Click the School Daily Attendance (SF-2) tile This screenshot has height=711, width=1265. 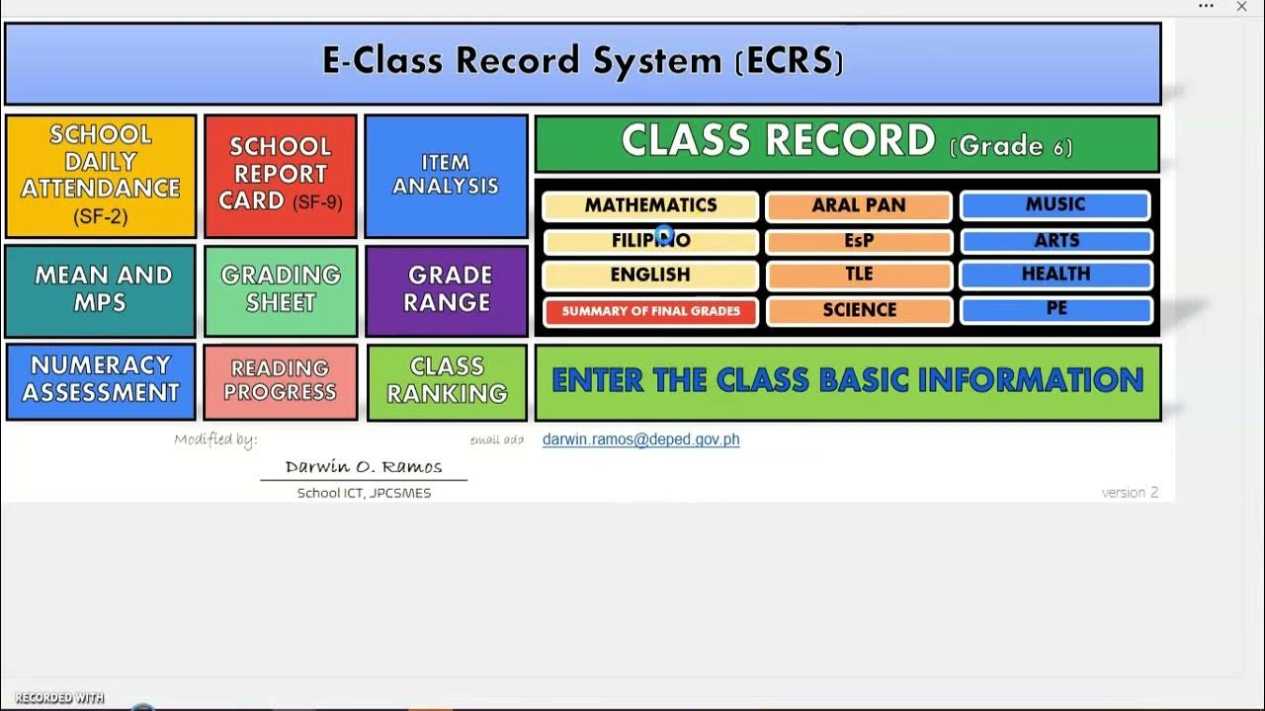101,176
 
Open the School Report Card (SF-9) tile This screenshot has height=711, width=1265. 281,176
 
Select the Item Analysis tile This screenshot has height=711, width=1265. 446,176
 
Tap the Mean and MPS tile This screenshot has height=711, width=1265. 101,290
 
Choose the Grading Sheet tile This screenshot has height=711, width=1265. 281,290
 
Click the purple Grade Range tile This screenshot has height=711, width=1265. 447,290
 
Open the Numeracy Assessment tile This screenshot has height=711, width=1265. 101,381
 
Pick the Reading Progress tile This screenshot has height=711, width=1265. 281,381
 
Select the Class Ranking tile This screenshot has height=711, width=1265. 447,381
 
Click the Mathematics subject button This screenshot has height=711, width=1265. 650,205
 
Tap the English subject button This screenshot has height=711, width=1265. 650,276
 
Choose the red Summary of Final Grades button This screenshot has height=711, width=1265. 650,311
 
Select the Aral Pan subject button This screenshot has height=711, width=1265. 858,205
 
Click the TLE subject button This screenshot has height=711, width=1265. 858,276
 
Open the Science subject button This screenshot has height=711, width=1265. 858,311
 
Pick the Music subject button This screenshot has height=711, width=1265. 1054,204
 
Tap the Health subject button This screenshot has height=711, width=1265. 1054,275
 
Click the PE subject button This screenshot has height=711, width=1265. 1054,309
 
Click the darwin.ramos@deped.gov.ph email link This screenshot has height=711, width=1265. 640,439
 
